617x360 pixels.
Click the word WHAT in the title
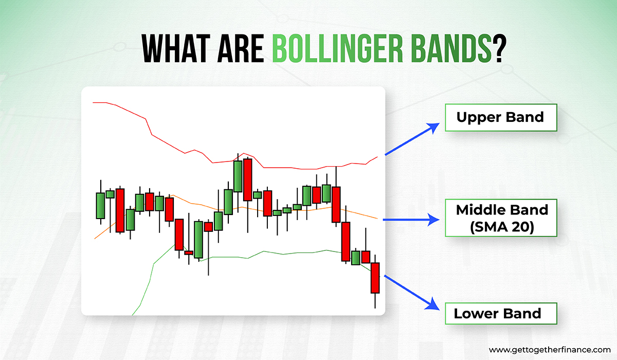click(x=176, y=49)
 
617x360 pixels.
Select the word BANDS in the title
click(x=451, y=49)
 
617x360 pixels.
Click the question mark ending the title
click(x=499, y=49)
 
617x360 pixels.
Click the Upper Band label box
click(x=501, y=118)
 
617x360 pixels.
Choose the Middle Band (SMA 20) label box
click(x=501, y=218)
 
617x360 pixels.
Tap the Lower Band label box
click(x=501, y=313)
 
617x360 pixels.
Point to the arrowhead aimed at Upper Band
click(x=433, y=128)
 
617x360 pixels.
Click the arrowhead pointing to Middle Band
click(x=433, y=220)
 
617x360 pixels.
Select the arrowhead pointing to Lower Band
click(x=433, y=304)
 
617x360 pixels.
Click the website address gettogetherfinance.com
click(x=550, y=350)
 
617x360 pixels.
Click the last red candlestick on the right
click(x=375, y=278)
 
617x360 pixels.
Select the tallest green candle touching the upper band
click(x=238, y=176)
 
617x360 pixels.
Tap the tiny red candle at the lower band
click(x=189, y=253)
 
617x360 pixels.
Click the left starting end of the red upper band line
click(x=93, y=102)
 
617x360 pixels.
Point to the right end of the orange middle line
click(x=377, y=219)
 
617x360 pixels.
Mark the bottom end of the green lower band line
click(x=133, y=315)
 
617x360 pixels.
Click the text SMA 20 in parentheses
click(x=502, y=227)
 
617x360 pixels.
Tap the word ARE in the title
click(x=241, y=49)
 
